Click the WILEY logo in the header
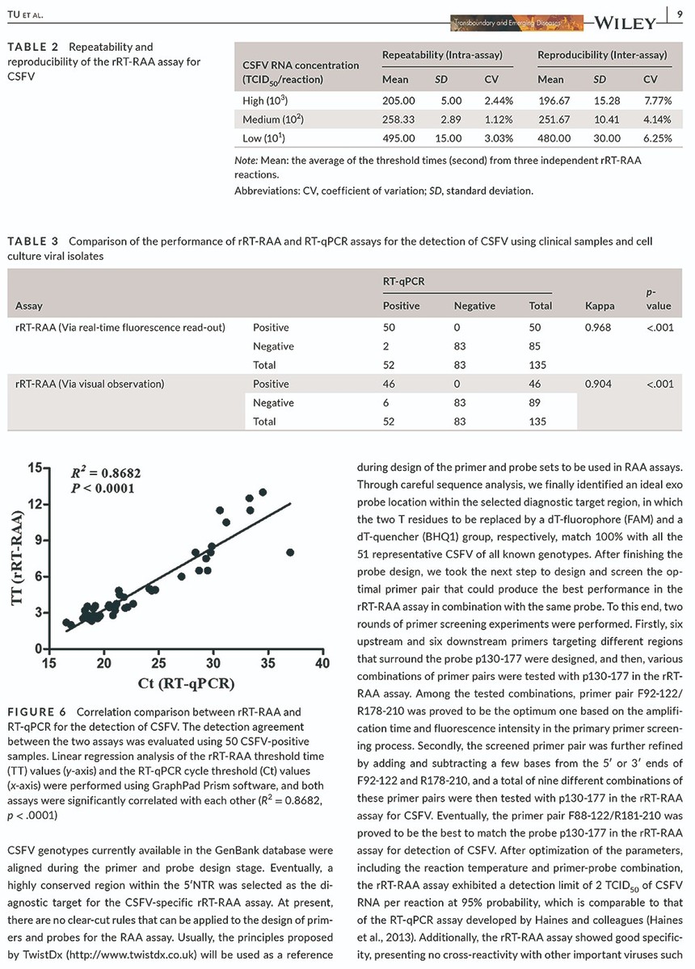coord(625,23)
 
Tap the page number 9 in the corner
coord(680,15)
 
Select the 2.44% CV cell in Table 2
coord(499,101)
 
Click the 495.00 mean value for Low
coord(398,138)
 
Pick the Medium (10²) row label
coord(273,120)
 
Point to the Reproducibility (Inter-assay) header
coord(602,55)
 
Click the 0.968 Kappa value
coord(597,328)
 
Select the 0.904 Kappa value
coord(598,384)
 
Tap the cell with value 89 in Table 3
coord(534,403)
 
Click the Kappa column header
coord(600,306)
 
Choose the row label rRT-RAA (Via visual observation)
coord(90,384)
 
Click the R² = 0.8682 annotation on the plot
coord(106,473)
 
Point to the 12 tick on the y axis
coord(35,505)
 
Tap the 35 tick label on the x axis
coord(268,664)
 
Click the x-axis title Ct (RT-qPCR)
coord(186,683)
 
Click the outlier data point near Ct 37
coord(290,552)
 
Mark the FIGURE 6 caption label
coord(37,712)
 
